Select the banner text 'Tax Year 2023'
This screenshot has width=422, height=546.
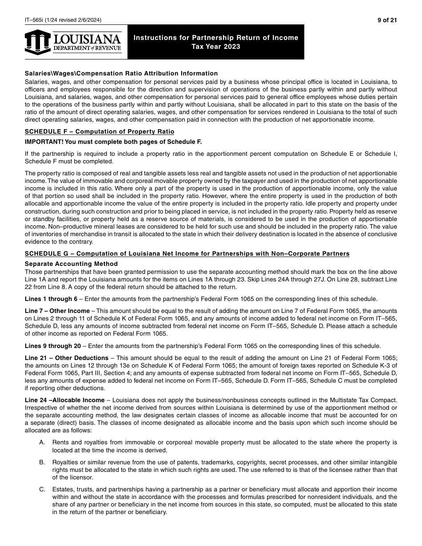tap(216, 47)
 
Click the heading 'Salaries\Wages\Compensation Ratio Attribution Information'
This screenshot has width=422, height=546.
tap(121, 73)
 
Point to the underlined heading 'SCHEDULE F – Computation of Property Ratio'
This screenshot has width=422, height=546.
tap(100, 131)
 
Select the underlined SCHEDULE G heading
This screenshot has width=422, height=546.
tap(187, 253)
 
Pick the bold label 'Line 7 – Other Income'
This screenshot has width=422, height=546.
tap(57, 311)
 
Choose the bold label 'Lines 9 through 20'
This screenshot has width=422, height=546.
tap(53, 346)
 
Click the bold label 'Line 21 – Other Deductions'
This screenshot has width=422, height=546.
tap(67, 358)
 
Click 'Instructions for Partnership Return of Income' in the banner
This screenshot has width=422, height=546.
tap(216, 38)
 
